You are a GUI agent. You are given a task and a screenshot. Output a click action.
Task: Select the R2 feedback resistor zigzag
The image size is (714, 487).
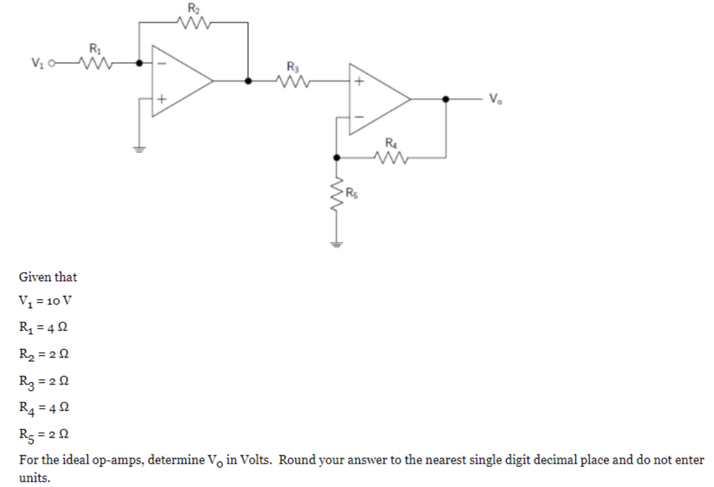click(x=193, y=23)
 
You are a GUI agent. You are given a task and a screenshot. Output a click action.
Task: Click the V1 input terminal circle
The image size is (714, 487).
click(x=51, y=63)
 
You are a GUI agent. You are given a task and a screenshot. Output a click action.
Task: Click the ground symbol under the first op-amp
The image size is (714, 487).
click(x=139, y=148)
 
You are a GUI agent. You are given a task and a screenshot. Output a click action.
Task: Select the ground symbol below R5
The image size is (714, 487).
click(x=337, y=244)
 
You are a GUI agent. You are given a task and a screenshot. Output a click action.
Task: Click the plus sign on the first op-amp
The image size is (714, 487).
click(x=160, y=99)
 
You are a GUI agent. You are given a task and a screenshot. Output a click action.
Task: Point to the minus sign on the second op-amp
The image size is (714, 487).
click(x=359, y=116)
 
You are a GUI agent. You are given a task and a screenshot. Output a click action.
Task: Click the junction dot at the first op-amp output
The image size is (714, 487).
click(x=248, y=81)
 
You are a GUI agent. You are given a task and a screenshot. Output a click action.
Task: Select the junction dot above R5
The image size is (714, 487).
click(x=337, y=158)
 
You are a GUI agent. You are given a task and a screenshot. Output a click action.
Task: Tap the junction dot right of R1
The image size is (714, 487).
click(x=139, y=63)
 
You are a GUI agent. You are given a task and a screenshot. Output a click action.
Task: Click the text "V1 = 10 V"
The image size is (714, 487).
click(x=45, y=302)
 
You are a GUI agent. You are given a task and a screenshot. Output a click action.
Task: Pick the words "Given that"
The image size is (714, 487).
click(x=47, y=277)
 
